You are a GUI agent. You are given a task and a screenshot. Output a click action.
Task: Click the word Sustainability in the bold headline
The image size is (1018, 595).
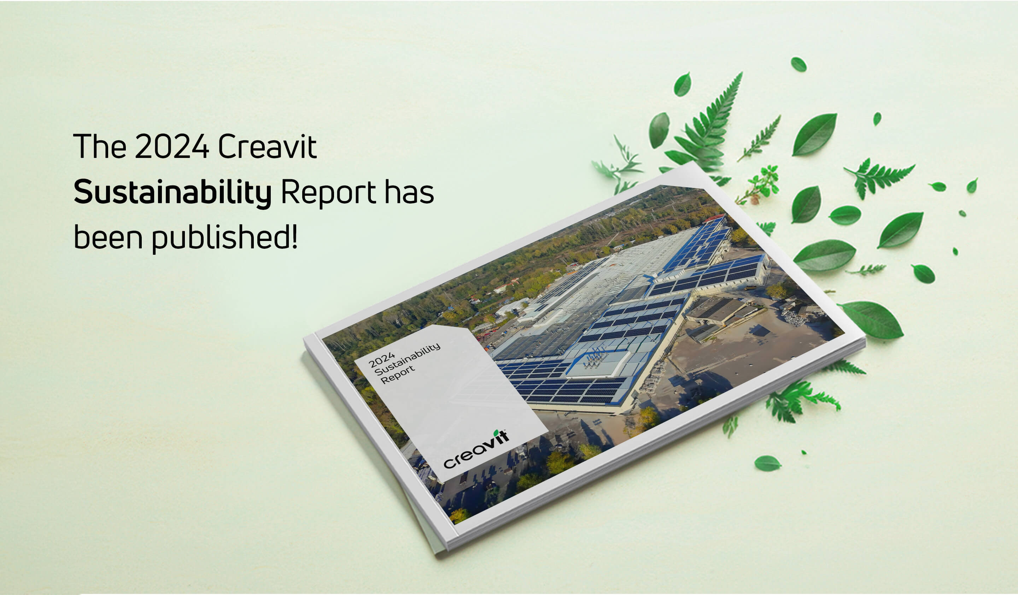point(172,193)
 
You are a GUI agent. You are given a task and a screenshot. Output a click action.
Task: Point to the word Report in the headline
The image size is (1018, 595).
point(328,194)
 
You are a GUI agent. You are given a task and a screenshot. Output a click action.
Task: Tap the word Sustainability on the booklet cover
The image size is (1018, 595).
point(407,360)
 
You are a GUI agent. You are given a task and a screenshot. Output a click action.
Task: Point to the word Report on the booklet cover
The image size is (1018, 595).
point(398,375)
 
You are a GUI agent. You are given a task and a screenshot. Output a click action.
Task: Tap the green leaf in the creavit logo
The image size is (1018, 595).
point(496,433)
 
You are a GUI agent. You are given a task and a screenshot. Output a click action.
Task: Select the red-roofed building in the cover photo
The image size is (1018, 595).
point(714,218)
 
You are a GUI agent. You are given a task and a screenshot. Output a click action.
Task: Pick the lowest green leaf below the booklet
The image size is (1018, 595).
point(767,464)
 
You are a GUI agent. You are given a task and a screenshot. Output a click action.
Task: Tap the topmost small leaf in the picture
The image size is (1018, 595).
point(798,65)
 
